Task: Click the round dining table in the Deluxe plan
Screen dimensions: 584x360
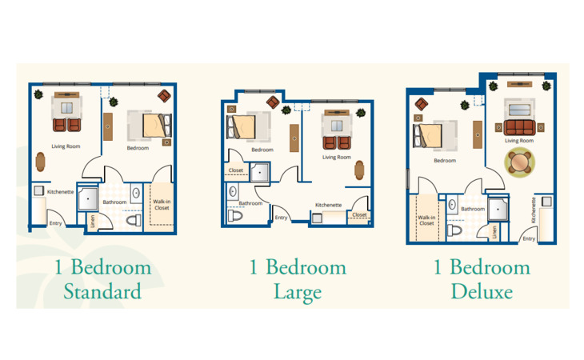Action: [x=519, y=162]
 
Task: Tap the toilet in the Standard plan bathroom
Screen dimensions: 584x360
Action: [x=134, y=220]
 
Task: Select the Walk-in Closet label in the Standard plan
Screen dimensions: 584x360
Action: [x=162, y=205]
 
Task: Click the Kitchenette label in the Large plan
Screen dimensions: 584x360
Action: [x=328, y=205]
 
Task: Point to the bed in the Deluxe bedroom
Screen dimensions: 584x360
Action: [x=427, y=135]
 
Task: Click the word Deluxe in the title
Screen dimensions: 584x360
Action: [x=482, y=291]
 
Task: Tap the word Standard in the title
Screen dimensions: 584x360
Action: [x=102, y=291]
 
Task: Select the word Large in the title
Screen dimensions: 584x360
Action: [x=298, y=293]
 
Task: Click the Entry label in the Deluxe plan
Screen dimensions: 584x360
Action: [x=529, y=238]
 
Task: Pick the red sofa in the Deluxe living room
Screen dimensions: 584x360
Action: [x=519, y=127]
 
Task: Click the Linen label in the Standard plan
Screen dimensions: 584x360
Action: [x=92, y=222]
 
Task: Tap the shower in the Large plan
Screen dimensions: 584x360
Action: [x=259, y=172]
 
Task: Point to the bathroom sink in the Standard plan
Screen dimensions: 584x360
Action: [x=136, y=193]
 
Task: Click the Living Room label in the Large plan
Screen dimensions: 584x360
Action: [x=337, y=157]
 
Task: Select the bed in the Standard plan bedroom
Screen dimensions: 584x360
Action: [x=157, y=126]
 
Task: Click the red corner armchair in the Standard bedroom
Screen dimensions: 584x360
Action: [x=164, y=96]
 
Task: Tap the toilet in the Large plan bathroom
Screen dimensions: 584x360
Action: [x=235, y=215]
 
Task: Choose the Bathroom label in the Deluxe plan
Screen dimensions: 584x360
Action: [x=473, y=209]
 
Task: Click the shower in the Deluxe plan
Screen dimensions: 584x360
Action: [x=498, y=210]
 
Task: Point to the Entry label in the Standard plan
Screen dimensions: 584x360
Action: [x=55, y=223]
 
